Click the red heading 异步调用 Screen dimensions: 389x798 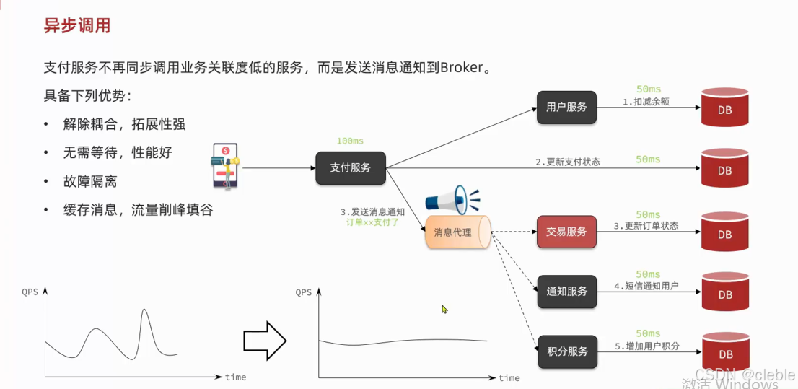click(x=77, y=27)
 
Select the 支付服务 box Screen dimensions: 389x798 click(x=351, y=167)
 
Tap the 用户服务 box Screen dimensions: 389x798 click(x=566, y=108)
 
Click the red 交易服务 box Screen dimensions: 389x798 click(x=566, y=232)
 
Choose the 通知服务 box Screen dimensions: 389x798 click(x=566, y=292)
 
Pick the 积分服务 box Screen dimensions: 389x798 click(x=567, y=352)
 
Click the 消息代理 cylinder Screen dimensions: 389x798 click(x=457, y=232)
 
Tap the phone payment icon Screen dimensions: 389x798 click(x=224, y=165)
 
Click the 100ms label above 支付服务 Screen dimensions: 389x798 click(x=351, y=141)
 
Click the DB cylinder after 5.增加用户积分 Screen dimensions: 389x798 click(x=724, y=352)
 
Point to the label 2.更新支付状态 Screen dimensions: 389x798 click(x=568, y=162)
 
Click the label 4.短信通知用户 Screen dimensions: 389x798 click(x=646, y=286)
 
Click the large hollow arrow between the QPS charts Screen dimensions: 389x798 click(x=265, y=340)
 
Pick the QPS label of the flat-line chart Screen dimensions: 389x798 click(x=304, y=292)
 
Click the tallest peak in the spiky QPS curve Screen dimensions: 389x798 click(x=144, y=310)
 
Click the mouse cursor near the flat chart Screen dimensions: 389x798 click(x=445, y=310)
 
